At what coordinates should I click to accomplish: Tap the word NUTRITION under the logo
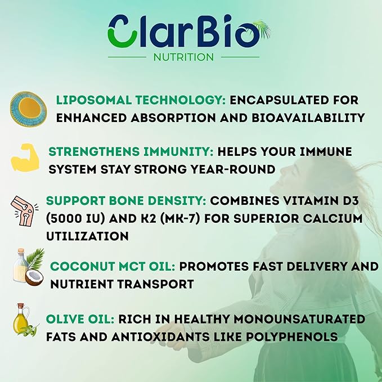pos(183,57)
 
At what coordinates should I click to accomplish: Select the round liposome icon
pos(29,109)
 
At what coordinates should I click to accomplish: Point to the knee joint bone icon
pos(24,211)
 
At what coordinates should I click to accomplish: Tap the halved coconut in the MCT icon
pos(34,278)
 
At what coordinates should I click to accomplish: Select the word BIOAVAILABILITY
pos(308,118)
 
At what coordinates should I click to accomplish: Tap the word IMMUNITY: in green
pos(178,151)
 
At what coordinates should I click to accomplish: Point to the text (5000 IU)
pos(75,218)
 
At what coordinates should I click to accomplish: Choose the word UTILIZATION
pos(87,236)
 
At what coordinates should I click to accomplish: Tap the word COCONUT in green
pos(82,266)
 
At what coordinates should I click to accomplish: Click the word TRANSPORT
pos(159,284)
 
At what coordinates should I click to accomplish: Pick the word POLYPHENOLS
pos(291,337)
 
